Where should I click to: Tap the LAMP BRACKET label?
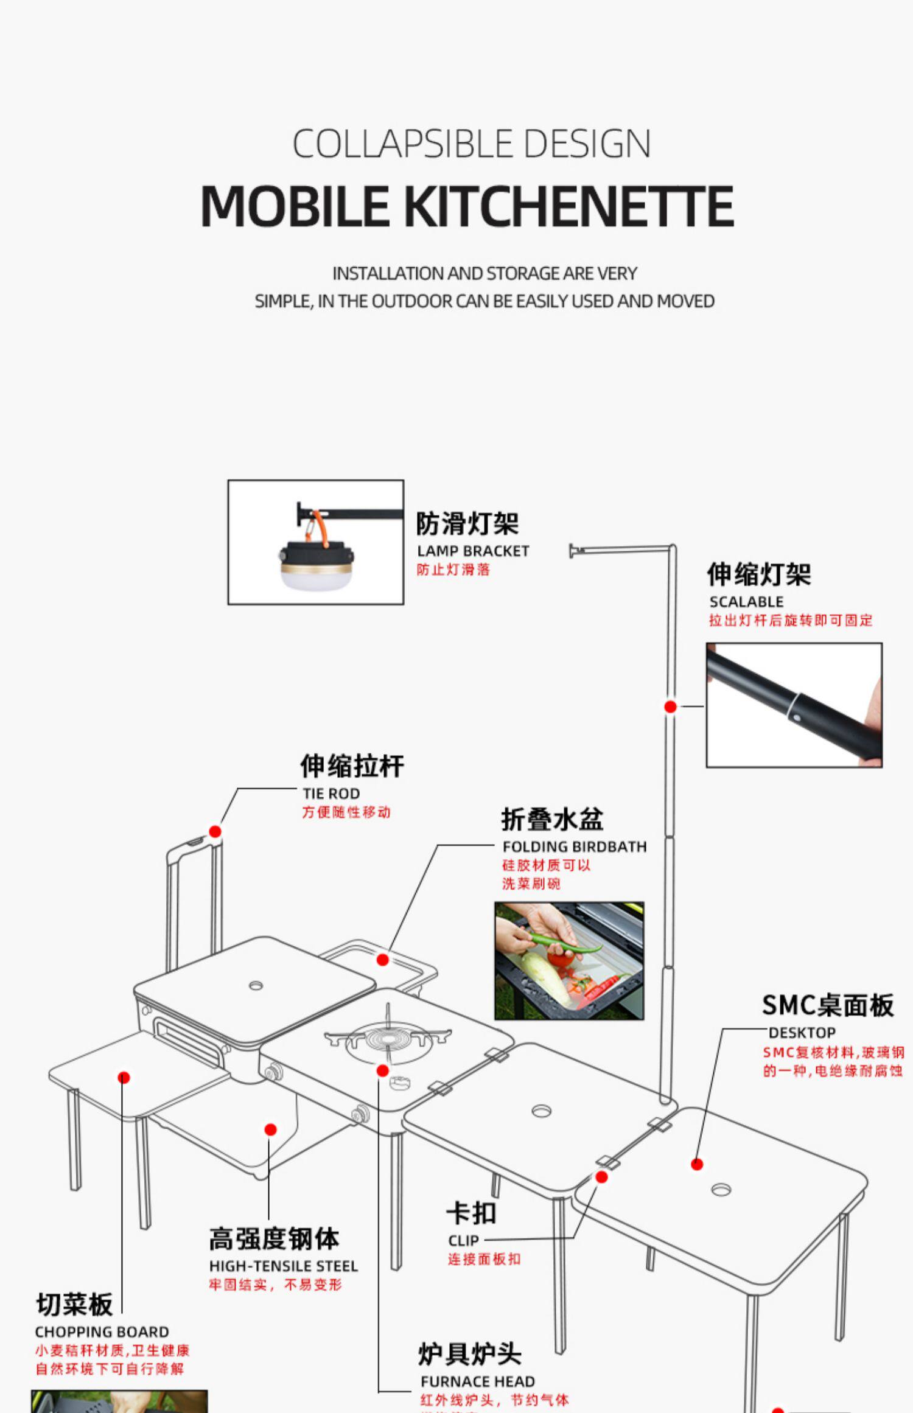tap(473, 551)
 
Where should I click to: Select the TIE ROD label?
tap(331, 794)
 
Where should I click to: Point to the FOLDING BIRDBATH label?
tap(574, 846)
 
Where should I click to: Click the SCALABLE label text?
tap(746, 602)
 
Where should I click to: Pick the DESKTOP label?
tap(802, 1033)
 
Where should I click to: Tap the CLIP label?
tap(463, 1240)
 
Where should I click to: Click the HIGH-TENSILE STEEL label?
tap(283, 1266)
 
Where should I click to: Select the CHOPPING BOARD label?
tap(102, 1331)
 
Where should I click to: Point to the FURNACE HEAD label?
tap(477, 1381)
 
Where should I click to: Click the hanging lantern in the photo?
tap(315, 563)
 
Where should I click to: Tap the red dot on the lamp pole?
tap(670, 706)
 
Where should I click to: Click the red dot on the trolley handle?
tap(215, 831)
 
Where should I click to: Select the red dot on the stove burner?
tap(382, 1070)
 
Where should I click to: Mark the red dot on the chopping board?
tap(124, 1078)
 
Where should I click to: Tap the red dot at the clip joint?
tap(601, 1177)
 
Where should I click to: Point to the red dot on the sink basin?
tap(382, 960)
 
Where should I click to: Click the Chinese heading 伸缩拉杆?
tap(352, 766)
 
